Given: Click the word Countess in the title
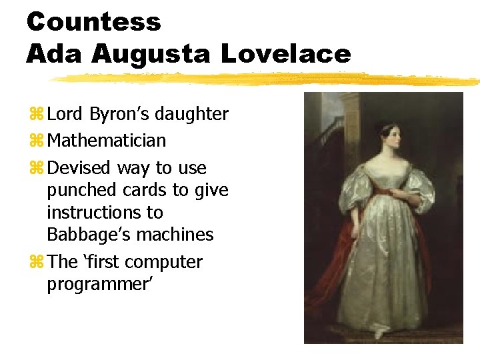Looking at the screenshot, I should (x=93, y=22).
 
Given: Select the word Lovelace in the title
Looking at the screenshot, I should (x=285, y=54).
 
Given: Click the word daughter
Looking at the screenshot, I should (x=192, y=115).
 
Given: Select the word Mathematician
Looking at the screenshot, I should (x=107, y=141).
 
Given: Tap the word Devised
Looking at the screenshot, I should (x=80, y=168).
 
